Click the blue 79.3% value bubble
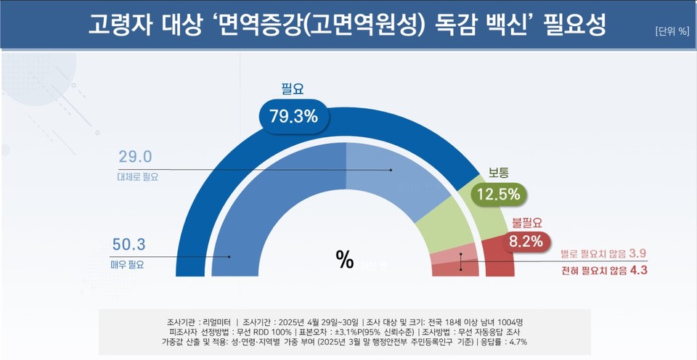[293, 116]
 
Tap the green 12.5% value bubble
[498, 195]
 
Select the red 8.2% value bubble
[526, 242]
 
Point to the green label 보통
[498, 173]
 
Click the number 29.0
[135, 157]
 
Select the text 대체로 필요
[137, 176]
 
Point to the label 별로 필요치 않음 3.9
[603, 253]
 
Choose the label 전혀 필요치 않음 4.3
[603, 270]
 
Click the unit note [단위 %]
[671, 30]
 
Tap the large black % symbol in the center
[344, 259]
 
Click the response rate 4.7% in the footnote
[517, 341]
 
